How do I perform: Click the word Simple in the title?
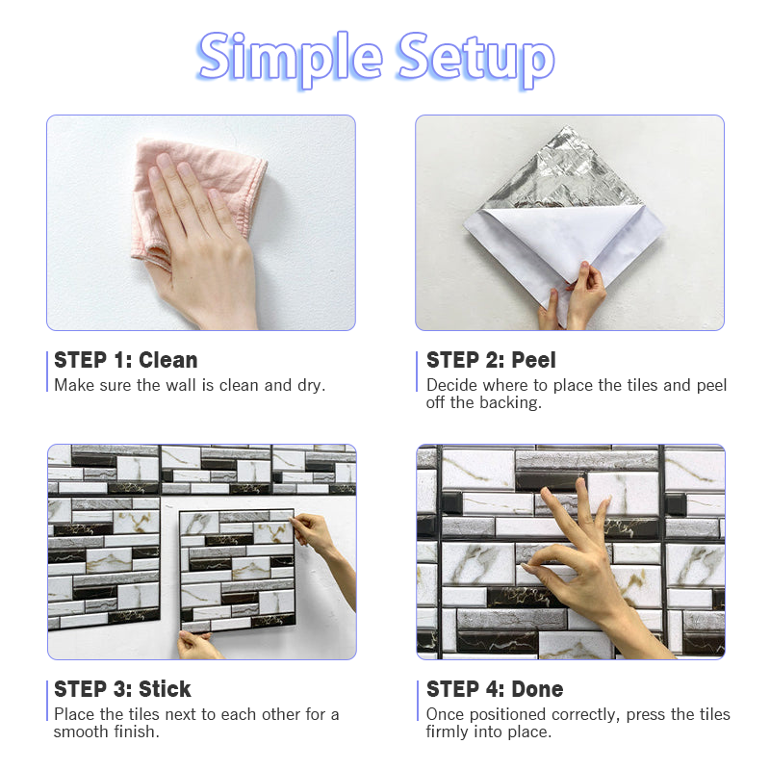pyautogui.click(x=290, y=59)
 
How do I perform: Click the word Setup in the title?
pyautogui.click(x=475, y=59)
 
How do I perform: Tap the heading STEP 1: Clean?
pyautogui.click(x=126, y=360)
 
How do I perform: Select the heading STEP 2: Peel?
pyautogui.click(x=491, y=360)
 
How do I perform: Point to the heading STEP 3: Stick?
pyautogui.click(x=122, y=689)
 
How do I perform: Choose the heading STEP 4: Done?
pyautogui.click(x=495, y=689)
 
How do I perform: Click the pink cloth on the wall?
pyautogui.click(x=196, y=196)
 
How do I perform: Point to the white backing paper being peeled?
pyautogui.click(x=565, y=245)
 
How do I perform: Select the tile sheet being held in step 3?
pyautogui.click(x=237, y=571)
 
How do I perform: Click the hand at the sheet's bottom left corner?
pyautogui.click(x=197, y=645)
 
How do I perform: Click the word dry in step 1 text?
pyautogui.click(x=311, y=386)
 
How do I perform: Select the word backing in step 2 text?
pyautogui.click(x=510, y=403)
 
